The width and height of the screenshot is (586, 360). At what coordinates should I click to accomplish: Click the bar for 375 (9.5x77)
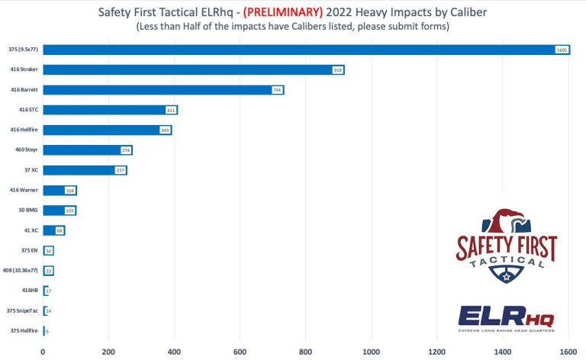point(305,50)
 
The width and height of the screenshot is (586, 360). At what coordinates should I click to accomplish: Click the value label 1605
point(562,50)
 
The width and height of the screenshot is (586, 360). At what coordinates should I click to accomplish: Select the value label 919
point(337,69)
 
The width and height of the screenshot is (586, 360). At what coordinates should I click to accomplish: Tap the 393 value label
point(164,130)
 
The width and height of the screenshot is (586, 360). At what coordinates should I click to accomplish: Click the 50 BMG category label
point(27,210)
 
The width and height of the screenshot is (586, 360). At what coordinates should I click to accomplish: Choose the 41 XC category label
point(29,230)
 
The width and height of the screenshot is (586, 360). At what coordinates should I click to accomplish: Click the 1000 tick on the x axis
point(372,351)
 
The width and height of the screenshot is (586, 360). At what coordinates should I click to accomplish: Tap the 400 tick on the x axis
point(174,351)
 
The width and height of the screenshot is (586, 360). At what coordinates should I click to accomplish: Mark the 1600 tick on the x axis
point(568,351)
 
